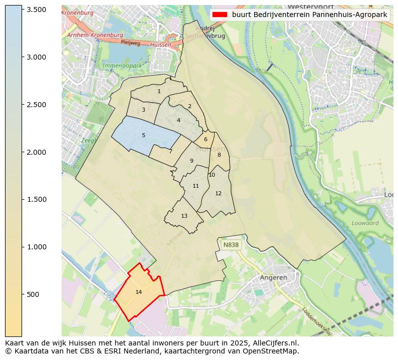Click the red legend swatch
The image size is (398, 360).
click(x=220, y=15)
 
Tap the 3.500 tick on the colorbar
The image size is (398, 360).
click(x=36, y=10)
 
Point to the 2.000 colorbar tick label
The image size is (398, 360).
click(x=36, y=152)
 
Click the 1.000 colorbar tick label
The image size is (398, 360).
click(x=36, y=247)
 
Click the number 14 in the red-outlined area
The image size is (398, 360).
click(x=139, y=292)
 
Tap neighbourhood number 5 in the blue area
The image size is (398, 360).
click(x=143, y=135)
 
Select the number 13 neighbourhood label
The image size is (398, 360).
click(x=184, y=216)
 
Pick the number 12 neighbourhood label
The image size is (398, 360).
click(x=218, y=193)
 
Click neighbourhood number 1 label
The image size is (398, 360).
click(x=159, y=91)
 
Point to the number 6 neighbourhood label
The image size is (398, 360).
click(x=206, y=139)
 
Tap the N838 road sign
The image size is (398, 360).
click(x=231, y=245)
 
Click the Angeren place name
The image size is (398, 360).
click(x=273, y=277)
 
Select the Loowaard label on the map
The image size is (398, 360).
click(x=365, y=223)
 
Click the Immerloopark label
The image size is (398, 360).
click(x=123, y=66)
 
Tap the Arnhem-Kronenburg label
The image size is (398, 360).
click(x=95, y=36)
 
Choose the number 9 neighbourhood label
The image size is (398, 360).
click(x=191, y=161)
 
